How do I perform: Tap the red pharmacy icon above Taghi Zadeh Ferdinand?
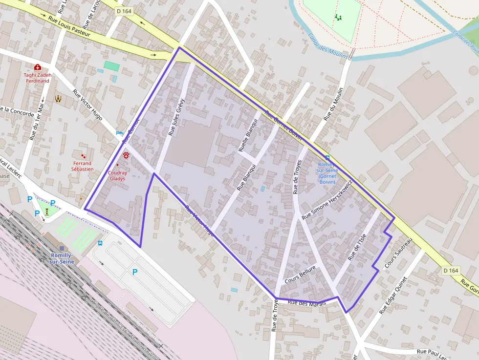coord(38,67)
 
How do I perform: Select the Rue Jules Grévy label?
coord(176,117)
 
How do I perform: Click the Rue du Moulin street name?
coord(334,104)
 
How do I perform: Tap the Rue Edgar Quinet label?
coord(393,296)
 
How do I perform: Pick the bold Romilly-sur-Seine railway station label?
coord(62,258)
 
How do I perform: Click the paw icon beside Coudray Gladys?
coord(127,155)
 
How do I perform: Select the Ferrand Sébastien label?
coord(82,166)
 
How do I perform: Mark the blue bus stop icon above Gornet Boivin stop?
coord(327,157)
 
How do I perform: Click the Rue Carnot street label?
coord(131,130)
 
